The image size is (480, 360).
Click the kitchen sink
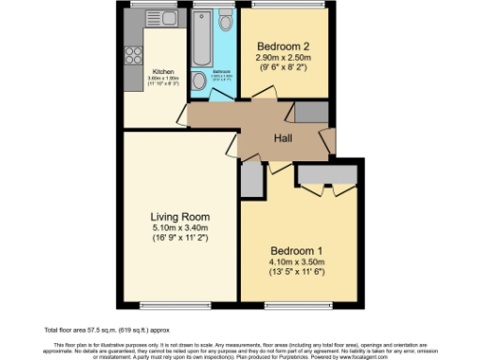click(x=169, y=17)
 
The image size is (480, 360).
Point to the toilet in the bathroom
click(x=225, y=22)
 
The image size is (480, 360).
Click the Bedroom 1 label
click(x=297, y=250)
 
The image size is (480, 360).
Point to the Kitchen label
click(x=163, y=71)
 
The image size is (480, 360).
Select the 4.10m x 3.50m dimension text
click(x=297, y=263)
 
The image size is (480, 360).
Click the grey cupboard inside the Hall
click(x=311, y=112)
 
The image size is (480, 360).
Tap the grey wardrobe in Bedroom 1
click(x=323, y=175)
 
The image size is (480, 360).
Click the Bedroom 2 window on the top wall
click(x=282, y=6)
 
